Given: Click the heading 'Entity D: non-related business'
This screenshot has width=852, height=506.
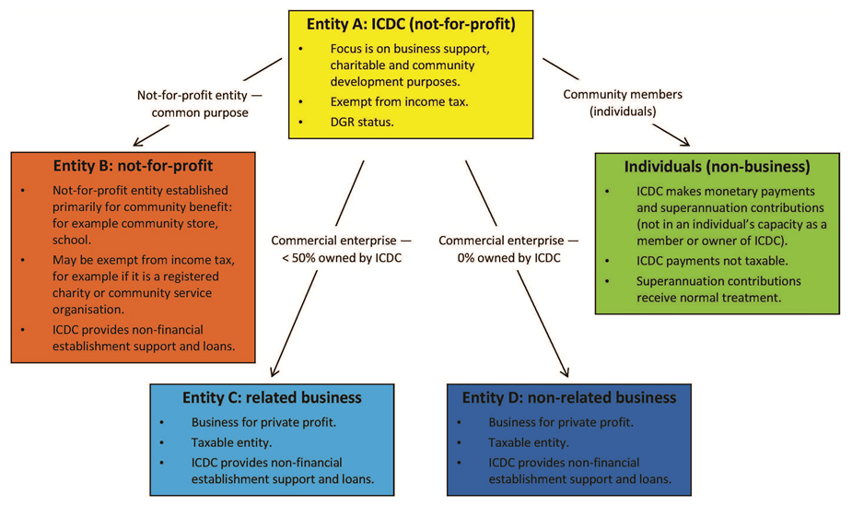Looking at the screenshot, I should pyautogui.click(x=569, y=398).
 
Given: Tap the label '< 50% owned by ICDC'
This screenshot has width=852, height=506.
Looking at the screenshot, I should pyautogui.click(x=340, y=258).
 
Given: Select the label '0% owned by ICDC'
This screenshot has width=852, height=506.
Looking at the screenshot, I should pyautogui.click(x=509, y=258).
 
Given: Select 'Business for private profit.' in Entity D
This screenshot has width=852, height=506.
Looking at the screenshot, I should pyautogui.click(x=560, y=423).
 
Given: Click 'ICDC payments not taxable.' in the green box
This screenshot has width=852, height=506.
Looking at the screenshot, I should pyautogui.click(x=710, y=261).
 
